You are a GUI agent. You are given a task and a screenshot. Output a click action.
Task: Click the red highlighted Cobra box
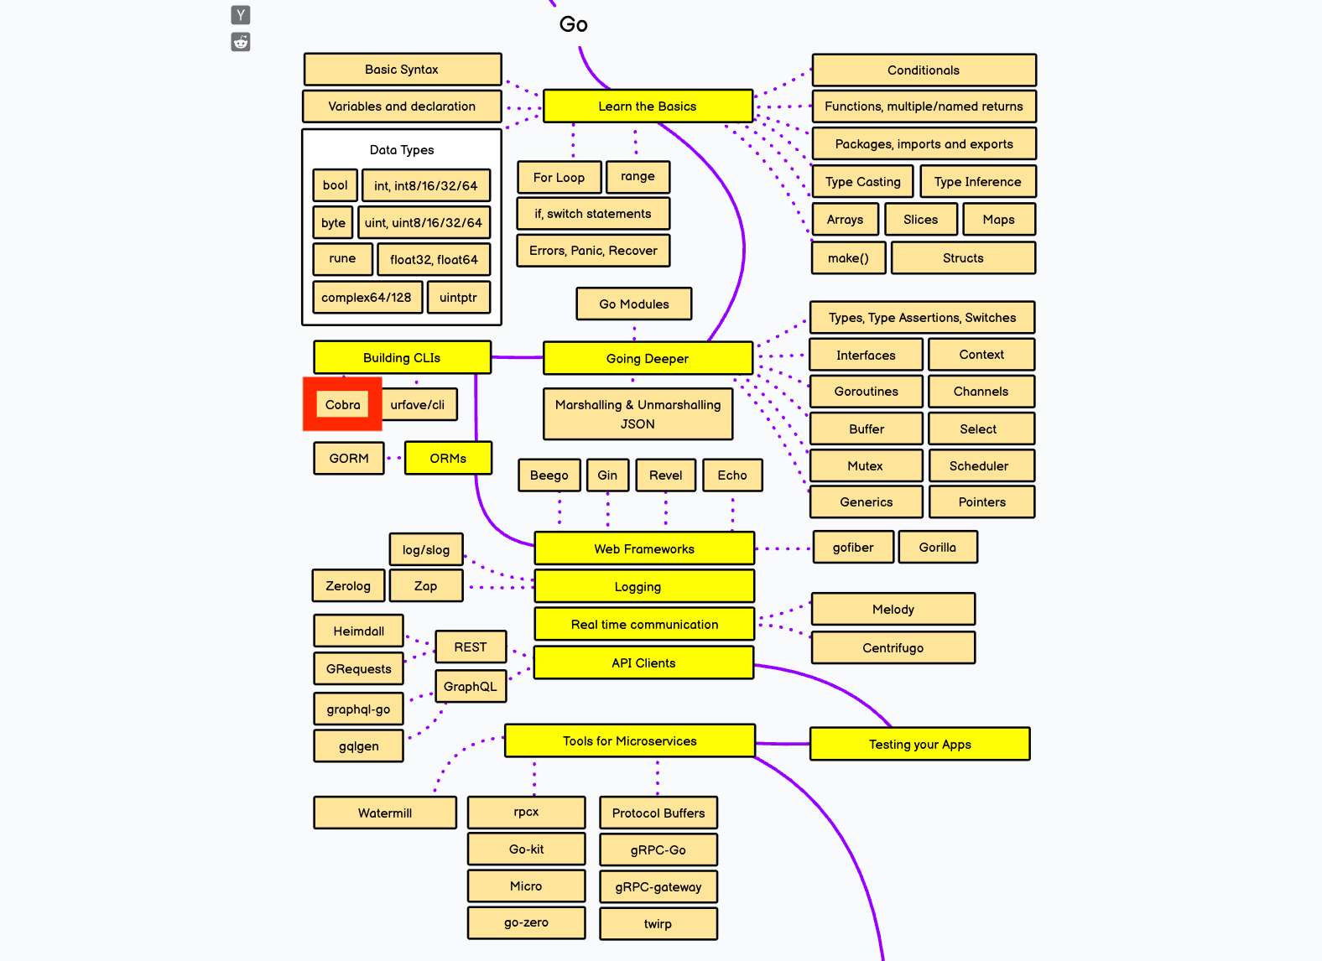point(342,405)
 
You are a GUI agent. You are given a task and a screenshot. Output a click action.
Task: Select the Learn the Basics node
point(648,106)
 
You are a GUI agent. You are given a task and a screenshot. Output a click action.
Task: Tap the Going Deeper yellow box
point(648,358)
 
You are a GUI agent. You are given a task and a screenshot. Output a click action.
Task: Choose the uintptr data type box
point(458,298)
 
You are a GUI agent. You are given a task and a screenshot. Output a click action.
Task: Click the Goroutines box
point(866,392)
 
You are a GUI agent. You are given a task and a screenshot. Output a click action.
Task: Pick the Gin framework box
point(607,475)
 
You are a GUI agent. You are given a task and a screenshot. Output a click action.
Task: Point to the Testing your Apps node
point(919,745)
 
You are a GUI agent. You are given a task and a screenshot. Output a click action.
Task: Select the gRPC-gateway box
point(658,887)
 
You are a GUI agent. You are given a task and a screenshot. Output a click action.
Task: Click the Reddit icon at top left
point(241,42)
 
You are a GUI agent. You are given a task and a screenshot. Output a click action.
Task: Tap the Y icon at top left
point(241,14)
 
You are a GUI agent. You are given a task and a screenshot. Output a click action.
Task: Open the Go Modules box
point(634,304)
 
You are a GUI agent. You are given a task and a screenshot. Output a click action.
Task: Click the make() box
point(848,258)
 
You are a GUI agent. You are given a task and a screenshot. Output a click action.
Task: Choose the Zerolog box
point(348,586)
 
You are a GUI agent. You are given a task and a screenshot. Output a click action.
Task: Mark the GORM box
point(349,459)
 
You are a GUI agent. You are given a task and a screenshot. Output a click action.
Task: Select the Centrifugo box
point(893,648)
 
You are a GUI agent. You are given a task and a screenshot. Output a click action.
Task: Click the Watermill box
point(385,813)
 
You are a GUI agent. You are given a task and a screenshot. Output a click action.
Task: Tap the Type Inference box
point(977,182)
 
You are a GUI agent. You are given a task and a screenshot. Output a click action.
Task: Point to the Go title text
point(574,24)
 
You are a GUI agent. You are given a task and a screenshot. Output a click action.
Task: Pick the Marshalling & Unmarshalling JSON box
point(638,414)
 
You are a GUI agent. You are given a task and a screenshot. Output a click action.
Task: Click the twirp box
point(658,924)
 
